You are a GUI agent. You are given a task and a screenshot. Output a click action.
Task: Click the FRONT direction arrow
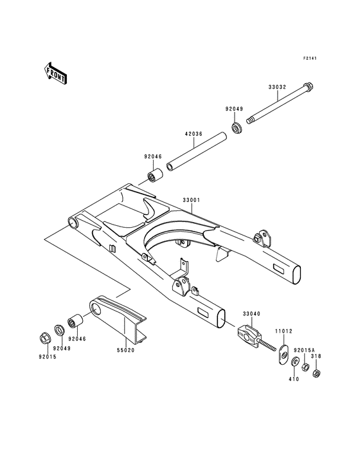[x=54, y=73]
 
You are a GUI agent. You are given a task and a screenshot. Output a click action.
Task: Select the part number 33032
[x=277, y=88]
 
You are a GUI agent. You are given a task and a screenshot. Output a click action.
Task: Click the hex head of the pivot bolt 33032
[x=308, y=86]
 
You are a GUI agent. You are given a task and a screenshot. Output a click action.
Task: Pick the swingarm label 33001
[x=192, y=199]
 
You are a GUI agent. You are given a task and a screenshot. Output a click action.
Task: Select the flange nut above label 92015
[x=45, y=338]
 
